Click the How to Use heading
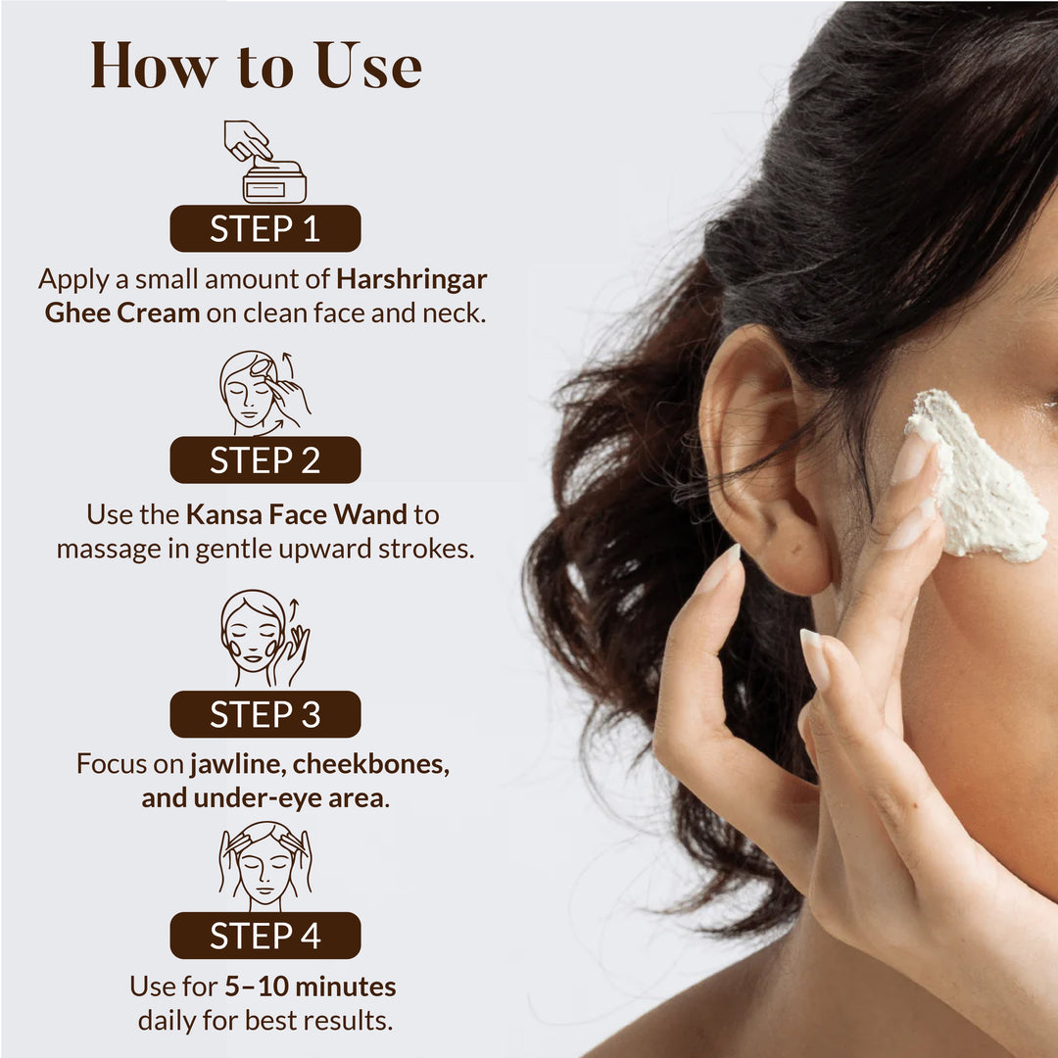point(257,67)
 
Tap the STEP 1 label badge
point(264,228)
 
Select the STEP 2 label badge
point(264,460)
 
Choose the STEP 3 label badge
point(264,714)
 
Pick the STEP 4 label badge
point(264,936)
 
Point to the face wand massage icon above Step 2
point(264,392)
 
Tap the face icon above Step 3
point(264,639)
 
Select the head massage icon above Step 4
point(264,865)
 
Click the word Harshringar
point(412,279)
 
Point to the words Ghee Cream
point(122,314)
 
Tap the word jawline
point(236,764)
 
